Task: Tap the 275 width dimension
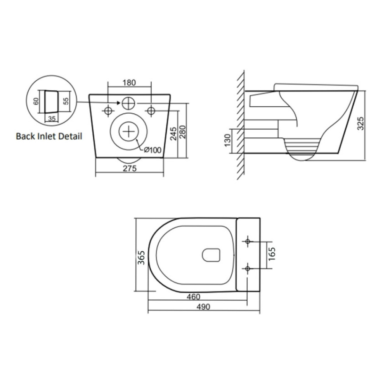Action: point(130,168)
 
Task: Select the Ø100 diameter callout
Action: point(152,150)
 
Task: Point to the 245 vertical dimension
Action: point(174,133)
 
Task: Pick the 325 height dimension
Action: point(361,123)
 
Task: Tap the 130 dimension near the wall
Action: point(228,140)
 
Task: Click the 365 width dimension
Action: point(141,258)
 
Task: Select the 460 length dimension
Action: point(193,296)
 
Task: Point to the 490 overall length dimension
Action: point(203,307)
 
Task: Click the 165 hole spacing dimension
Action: point(272,254)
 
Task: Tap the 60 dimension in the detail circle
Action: point(36,101)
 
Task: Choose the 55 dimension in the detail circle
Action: point(66,101)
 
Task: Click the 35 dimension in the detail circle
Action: point(52,119)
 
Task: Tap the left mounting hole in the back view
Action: point(108,111)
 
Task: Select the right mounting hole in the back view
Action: point(151,111)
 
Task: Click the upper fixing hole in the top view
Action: point(248,241)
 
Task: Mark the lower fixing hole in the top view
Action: point(248,268)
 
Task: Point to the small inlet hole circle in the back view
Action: point(128,103)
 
